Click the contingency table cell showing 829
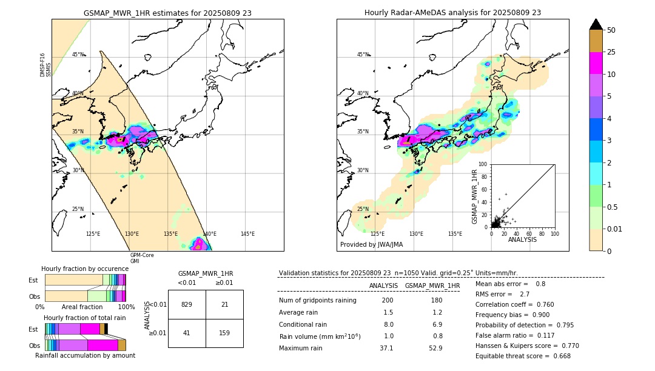point(187,304)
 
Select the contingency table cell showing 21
point(224,304)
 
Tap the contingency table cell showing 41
point(187,333)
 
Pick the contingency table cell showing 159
point(224,333)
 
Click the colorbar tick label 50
point(611,30)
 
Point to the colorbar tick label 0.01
point(616,229)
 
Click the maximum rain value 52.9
point(435,348)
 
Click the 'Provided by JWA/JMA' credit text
point(371,245)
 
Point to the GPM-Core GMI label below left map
point(142,258)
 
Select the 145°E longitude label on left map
point(247,234)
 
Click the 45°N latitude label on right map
point(363,55)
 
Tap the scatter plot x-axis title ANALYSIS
point(522,239)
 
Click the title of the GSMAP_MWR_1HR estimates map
point(167,12)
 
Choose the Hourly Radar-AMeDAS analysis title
point(452,12)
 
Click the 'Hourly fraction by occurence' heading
point(85,269)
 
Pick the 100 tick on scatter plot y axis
point(483,164)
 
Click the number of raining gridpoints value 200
point(387,301)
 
